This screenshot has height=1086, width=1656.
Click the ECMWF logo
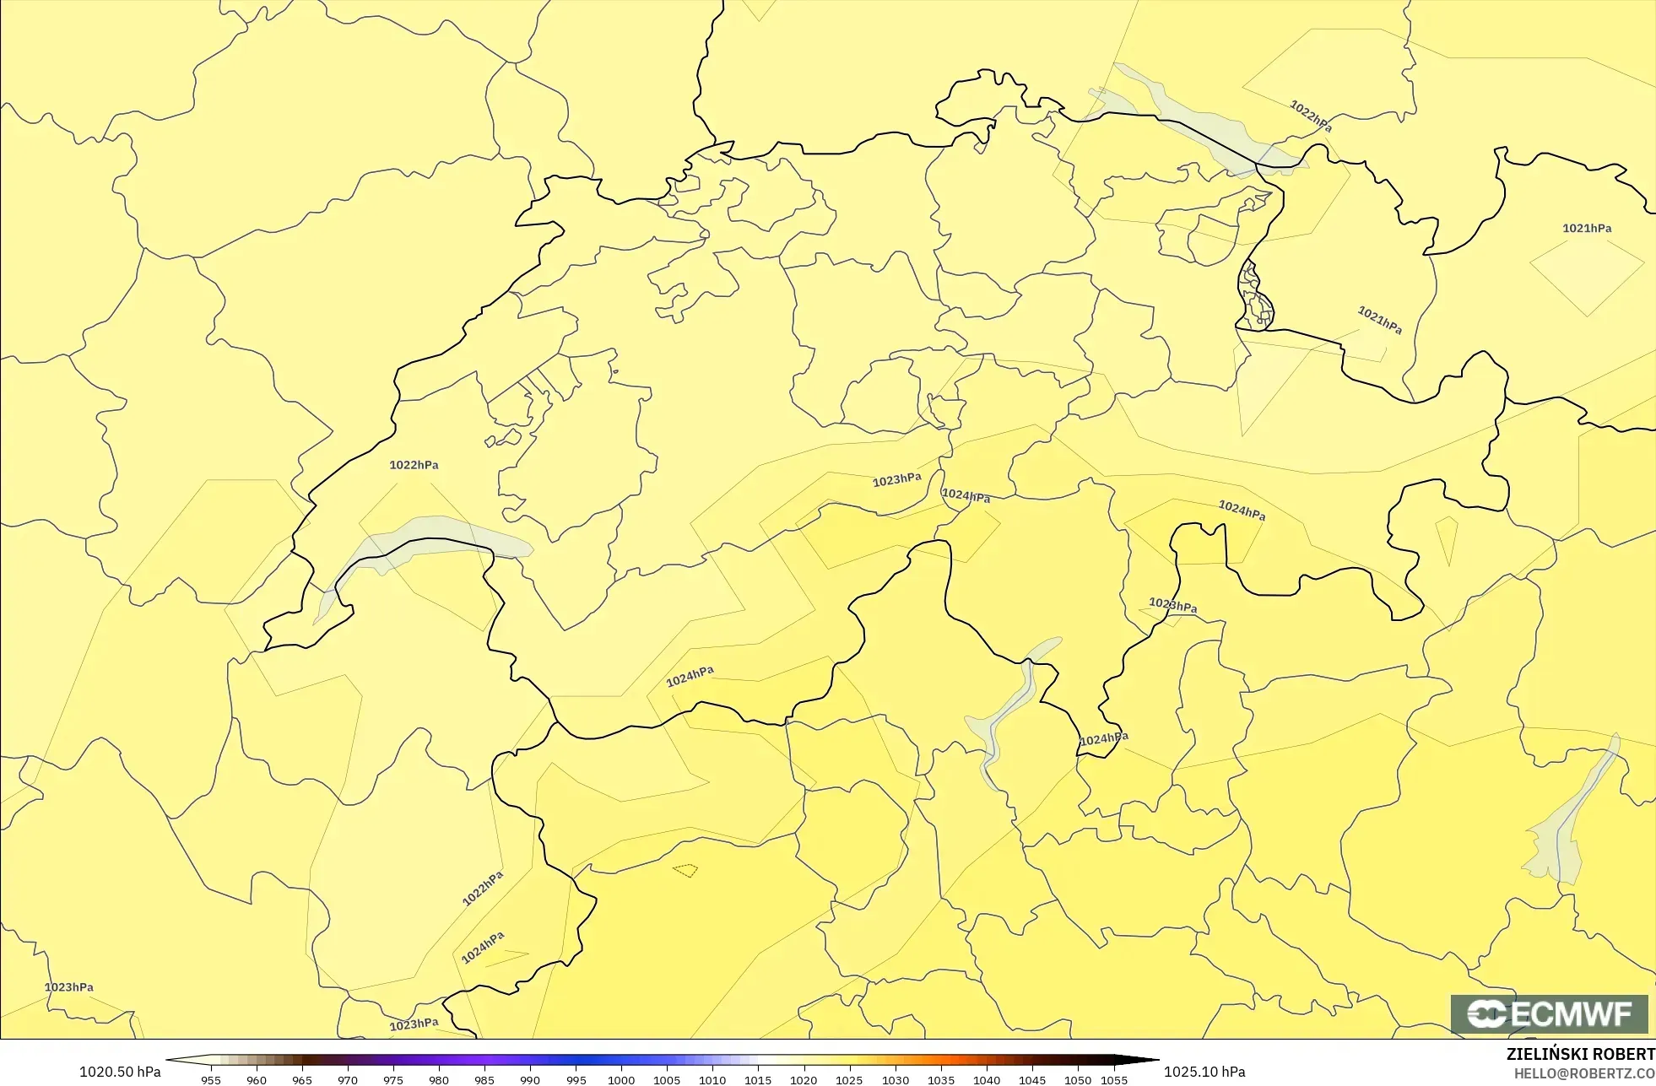(1549, 1013)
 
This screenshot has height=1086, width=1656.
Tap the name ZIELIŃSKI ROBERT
(1580, 1054)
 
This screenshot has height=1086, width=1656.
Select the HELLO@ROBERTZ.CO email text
(1583, 1073)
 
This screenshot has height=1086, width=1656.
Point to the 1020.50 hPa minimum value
(120, 1072)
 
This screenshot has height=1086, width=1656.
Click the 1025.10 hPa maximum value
(1204, 1072)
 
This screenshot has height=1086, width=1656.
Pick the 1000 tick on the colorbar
(621, 1080)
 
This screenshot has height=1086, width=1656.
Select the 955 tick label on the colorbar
(211, 1080)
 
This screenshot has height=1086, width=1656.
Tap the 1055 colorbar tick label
(1114, 1080)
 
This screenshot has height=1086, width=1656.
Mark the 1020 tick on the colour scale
(804, 1080)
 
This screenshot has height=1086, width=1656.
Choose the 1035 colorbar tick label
(941, 1080)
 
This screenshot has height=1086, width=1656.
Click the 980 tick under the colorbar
(439, 1080)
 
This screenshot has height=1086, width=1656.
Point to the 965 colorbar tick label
(302, 1080)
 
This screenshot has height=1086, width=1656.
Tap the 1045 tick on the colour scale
(1032, 1080)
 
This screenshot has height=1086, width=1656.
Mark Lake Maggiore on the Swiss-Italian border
(1004, 717)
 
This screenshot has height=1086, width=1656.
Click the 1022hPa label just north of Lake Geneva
(414, 465)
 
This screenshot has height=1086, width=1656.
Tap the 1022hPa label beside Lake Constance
(1311, 116)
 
